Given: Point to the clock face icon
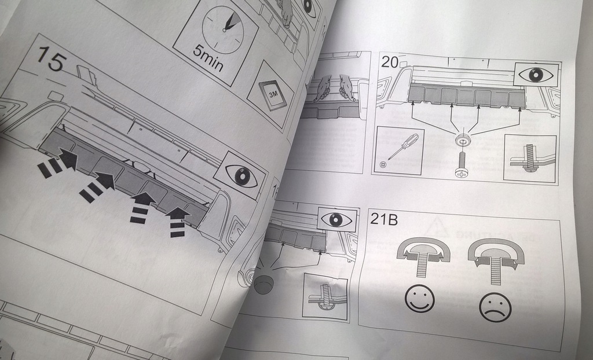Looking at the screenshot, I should click(x=222, y=28).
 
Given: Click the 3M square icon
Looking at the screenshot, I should click(x=271, y=93).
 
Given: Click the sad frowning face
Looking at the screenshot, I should click(x=495, y=307).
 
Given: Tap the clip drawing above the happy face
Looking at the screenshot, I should click(x=423, y=257).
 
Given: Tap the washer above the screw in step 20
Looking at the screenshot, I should click(x=462, y=140).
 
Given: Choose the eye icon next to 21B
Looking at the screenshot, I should click(x=336, y=219).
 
